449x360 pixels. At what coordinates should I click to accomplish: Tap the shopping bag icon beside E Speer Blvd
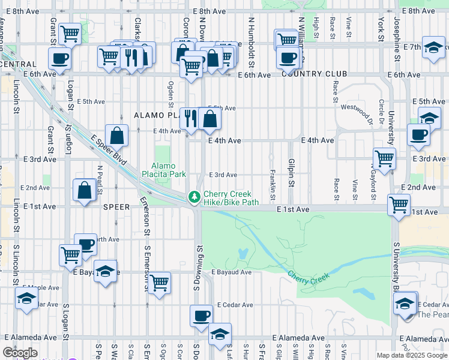117,136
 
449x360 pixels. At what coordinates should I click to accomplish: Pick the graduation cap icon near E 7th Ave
433,47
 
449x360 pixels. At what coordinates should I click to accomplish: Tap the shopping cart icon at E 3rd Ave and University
384,159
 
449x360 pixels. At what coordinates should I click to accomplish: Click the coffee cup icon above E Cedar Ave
202,316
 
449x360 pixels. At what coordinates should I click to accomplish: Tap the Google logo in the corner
20,353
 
